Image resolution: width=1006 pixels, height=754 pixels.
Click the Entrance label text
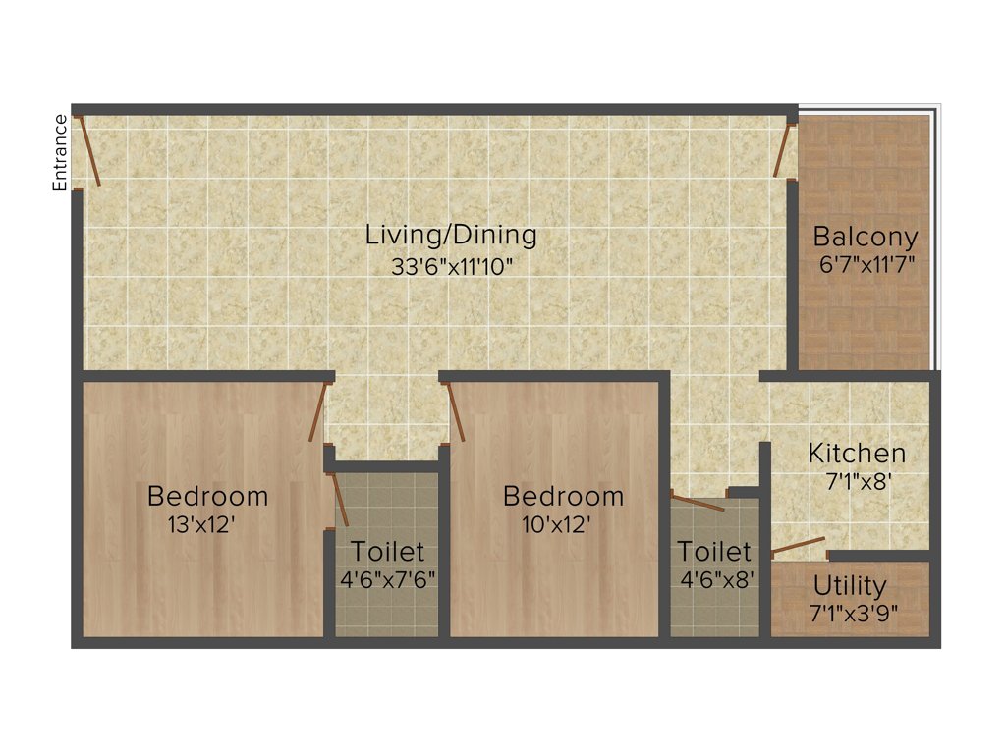tap(60, 152)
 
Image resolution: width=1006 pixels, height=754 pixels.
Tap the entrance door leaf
tap(88, 150)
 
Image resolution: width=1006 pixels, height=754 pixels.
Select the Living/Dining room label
tap(451, 236)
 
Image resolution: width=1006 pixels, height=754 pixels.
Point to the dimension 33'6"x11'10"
tap(451, 266)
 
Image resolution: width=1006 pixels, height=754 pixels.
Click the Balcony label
tap(866, 237)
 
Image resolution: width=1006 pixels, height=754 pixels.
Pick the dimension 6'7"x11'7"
tap(866, 264)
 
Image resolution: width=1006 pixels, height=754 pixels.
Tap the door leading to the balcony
tap(783, 149)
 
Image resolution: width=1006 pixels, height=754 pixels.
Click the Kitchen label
tap(857, 454)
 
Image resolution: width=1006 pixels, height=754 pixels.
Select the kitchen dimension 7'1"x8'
tap(857, 482)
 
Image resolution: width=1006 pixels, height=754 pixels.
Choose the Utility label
tap(850, 586)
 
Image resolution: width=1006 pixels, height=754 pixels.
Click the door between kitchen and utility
tap(798, 547)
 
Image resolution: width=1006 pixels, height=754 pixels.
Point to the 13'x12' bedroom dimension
tap(201, 525)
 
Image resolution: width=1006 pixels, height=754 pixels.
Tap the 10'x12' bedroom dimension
tap(556, 525)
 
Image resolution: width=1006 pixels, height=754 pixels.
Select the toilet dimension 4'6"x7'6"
tap(388, 579)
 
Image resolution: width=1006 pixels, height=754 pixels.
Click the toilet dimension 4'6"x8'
tap(718, 579)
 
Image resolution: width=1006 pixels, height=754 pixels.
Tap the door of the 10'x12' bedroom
tap(456, 411)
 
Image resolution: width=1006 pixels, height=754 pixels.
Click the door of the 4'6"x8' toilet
tap(699, 503)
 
